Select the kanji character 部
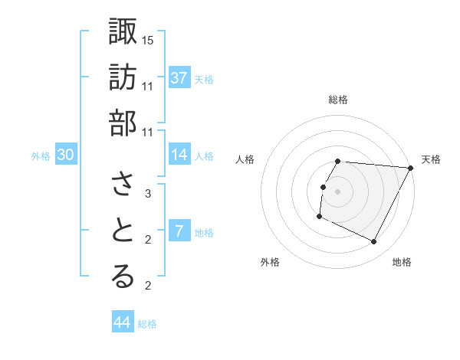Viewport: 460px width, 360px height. click(123, 123)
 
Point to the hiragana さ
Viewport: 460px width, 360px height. click(123, 185)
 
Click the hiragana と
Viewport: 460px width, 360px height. click(123, 231)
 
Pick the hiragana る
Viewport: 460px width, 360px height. click(123, 277)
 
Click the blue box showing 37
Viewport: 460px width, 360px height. click(179, 77)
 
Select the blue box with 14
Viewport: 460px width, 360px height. click(179, 155)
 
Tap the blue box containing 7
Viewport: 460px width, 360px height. click(179, 231)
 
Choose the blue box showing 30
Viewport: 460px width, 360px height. click(66, 155)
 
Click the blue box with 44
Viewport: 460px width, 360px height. click(123, 322)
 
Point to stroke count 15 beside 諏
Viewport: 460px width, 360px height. click(148, 39)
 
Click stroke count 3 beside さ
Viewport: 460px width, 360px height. click(148, 194)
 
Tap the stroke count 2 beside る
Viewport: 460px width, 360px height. click(148, 286)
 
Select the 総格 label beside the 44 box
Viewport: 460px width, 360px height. click(147, 324)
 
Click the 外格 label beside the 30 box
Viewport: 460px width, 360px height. click(41, 156)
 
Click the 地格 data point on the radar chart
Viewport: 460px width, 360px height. click(373, 242)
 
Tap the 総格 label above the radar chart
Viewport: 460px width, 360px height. click(337, 100)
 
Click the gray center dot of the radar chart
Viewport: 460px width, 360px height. click(337, 191)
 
